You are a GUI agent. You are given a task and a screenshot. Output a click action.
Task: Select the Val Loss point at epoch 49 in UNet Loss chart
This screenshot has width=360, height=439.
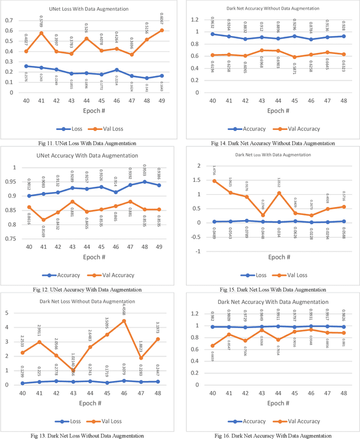[161, 30]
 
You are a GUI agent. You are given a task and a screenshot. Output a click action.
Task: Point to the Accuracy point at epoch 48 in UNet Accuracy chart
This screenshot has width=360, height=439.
[146, 182]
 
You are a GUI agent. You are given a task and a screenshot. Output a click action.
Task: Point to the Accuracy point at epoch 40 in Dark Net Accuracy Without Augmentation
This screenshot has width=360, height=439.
[212, 34]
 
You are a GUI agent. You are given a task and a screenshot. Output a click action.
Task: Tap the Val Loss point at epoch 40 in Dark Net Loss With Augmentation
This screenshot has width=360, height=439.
[214, 181]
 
